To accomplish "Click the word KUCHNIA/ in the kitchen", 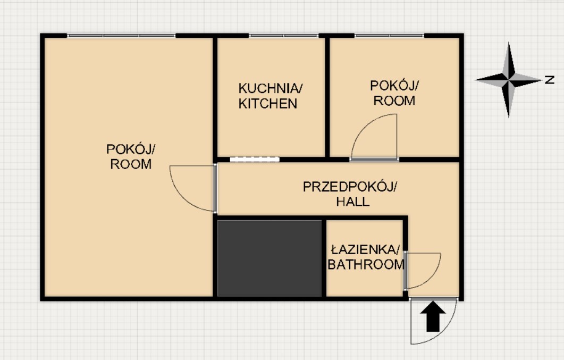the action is click(x=271, y=88).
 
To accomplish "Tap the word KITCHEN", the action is click(x=267, y=104).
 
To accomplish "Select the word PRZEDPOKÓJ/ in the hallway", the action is click(x=350, y=187).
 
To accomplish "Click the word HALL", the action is click(x=352, y=202).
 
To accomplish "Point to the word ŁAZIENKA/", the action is click(x=365, y=249).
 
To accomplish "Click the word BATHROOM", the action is click(x=366, y=264).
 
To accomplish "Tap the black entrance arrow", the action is click(x=433, y=316).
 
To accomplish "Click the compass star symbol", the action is click(x=508, y=79).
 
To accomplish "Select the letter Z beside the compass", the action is click(x=549, y=79).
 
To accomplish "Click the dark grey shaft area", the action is click(x=270, y=258).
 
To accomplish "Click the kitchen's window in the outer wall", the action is click(x=284, y=36).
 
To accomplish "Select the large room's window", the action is click(x=121, y=36).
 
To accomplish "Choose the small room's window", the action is click(x=389, y=36).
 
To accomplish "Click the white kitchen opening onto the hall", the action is click(x=255, y=160).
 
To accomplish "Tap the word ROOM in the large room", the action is click(x=131, y=164).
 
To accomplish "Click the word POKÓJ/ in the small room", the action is click(x=394, y=86).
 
